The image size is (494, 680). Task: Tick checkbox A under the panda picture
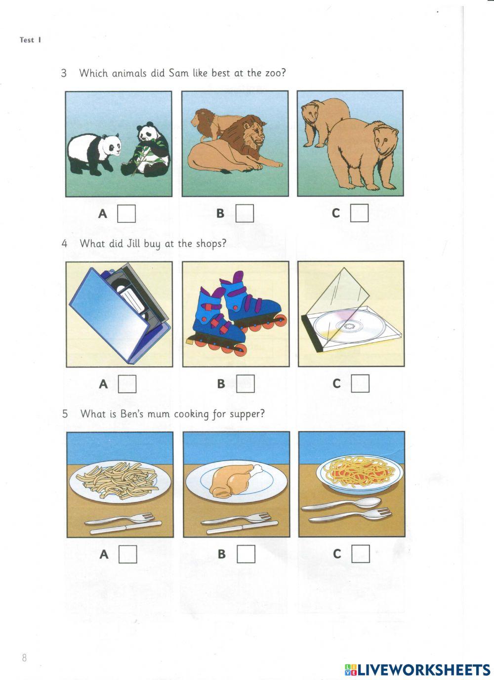tap(126, 213)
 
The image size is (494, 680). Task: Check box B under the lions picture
tap(245, 213)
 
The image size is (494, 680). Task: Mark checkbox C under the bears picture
tap(360, 213)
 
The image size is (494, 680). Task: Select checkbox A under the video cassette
tap(127, 383)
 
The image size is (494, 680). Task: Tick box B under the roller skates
tap(246, 383)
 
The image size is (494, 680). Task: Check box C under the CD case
tap(360, 383)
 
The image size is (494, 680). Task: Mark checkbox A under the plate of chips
tap(128, 554)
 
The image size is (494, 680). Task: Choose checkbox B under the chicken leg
tap(246, 553)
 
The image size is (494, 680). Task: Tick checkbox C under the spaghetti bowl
tap(361, 553)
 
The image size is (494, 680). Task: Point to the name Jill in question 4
tap(133, 244)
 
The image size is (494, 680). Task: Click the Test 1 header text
tap(30, 40)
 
